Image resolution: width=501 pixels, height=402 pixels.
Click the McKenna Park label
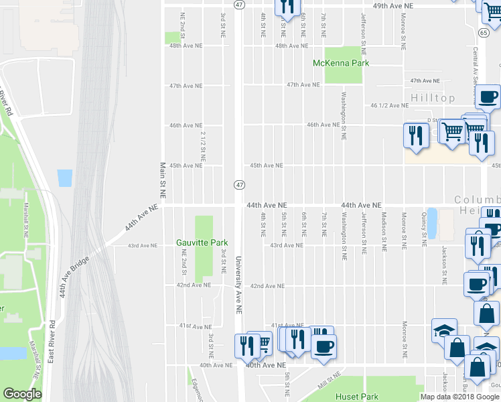coord(342,63)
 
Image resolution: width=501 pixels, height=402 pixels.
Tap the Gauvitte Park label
coord(202,243)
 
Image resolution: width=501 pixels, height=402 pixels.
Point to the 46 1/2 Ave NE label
coord(389,105)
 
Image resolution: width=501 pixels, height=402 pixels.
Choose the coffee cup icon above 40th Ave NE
coord(324,347)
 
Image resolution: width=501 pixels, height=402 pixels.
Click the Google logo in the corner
coord(22,394)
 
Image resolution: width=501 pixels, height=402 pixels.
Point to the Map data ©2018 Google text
coord(459,397)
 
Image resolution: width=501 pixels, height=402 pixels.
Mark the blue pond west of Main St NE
coord(64,178)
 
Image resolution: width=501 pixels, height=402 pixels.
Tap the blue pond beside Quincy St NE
coord(431,223)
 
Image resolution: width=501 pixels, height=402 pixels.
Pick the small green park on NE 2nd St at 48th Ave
coord(173,38)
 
